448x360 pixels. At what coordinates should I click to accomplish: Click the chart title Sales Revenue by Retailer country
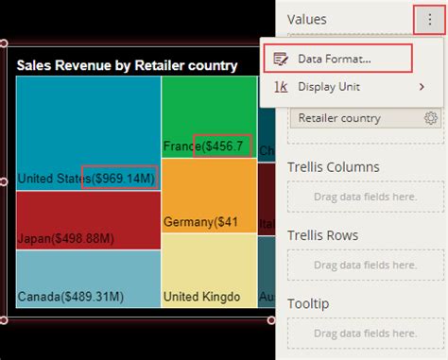pyautogui.click(x=126, y=65)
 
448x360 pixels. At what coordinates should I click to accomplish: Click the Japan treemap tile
pyautogui.click(x=87, y=219)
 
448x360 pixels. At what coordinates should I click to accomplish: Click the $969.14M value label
pyautogui.click(x=119, y=177)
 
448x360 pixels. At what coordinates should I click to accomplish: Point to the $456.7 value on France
pyautogui.click(x=223, y=146)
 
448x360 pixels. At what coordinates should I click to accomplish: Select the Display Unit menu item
pyautogui.click(x=328, y=87)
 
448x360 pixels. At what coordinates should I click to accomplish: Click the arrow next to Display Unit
pyautogui.click(x=421, y=87)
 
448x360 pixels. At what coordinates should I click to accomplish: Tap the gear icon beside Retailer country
pyautogui.click(x=431, y=118)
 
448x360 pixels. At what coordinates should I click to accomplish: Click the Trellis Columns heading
pyautogui.click(x=334, y=167)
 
